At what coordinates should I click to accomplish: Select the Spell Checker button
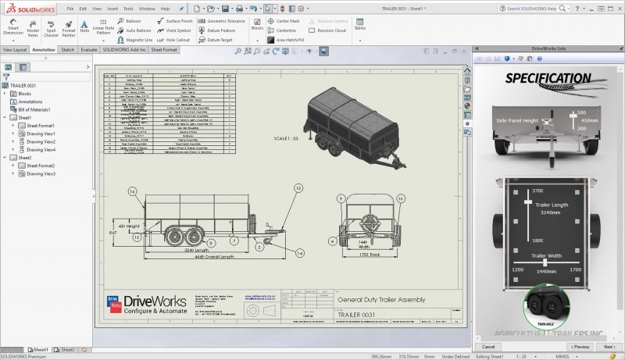(x=51, y=27)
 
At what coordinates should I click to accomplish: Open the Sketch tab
(x=68, y=49)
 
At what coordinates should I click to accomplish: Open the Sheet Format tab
(x=165, y=49)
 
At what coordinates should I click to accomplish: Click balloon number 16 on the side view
(x=132, y=191)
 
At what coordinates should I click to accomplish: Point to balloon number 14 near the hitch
(x=299, y=254)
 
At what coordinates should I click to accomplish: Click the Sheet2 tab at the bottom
(x=66, y=350)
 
